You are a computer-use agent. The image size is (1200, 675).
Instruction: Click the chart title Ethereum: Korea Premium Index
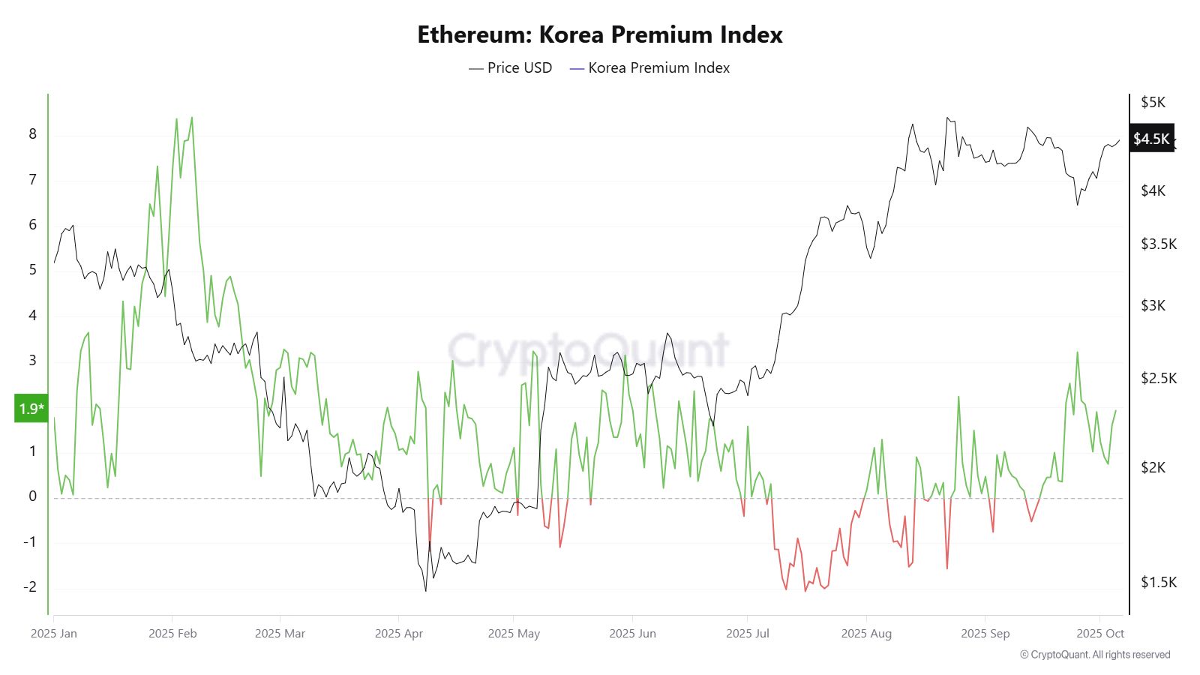599,34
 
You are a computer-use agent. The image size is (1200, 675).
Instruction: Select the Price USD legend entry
511,67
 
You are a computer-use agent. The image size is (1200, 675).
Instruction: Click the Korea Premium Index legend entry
650,67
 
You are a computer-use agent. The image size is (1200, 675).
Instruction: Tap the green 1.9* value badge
31,409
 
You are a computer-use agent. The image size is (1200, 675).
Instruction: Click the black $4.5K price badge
1151,139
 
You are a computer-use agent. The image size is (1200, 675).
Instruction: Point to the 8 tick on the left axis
32,134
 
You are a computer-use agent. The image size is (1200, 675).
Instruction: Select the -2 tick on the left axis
29,587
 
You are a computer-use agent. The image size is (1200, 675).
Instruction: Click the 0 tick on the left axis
32,496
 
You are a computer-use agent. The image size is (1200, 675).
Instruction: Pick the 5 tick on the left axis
32,269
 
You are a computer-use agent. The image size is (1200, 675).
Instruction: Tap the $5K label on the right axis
1153,102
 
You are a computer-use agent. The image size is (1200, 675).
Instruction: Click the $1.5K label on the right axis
1158,582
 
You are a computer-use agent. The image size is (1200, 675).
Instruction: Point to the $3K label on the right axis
1153,305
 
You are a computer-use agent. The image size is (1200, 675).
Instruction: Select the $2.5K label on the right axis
1158,378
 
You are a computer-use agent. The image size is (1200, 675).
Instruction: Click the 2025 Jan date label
54,633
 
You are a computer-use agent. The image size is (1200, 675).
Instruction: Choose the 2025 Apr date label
398,633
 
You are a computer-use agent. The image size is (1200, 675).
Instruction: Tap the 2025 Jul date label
747,633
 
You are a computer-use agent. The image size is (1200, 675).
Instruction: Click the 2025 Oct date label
1100,633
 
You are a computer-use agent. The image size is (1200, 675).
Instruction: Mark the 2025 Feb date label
172,633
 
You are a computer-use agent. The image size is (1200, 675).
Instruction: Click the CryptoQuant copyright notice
1094,655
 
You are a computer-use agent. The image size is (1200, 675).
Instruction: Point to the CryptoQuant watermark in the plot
588,350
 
